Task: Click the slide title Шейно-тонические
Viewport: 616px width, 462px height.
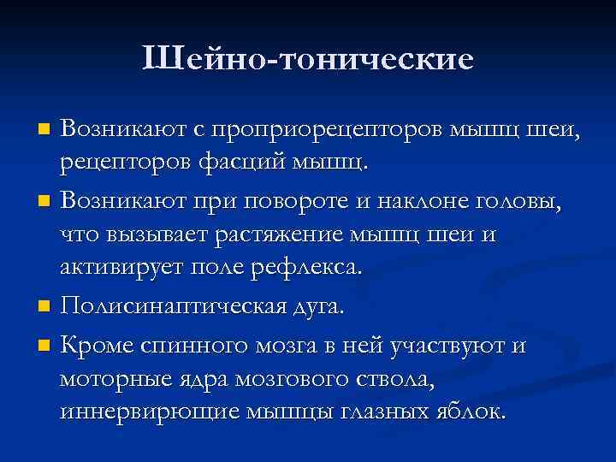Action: (x=308, y=59)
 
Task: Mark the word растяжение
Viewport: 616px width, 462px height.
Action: (x=279, y=234)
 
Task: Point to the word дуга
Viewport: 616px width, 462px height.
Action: (x=317, y=307)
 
